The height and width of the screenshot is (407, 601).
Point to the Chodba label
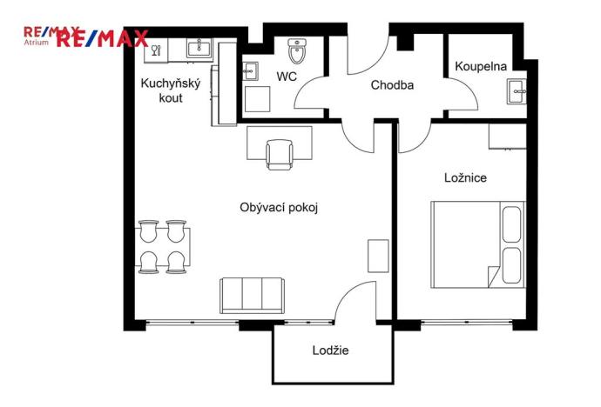click(391, 85)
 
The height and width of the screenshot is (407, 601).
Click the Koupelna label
click(480, 66)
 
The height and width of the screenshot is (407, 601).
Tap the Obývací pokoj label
click(275, 207)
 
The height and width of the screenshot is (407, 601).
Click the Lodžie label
click(330, 350)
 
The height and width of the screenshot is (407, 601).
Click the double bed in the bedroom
click(477, 244)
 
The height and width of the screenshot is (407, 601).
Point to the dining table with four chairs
click(164, 247)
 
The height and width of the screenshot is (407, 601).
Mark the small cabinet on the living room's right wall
click(378, 255)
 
